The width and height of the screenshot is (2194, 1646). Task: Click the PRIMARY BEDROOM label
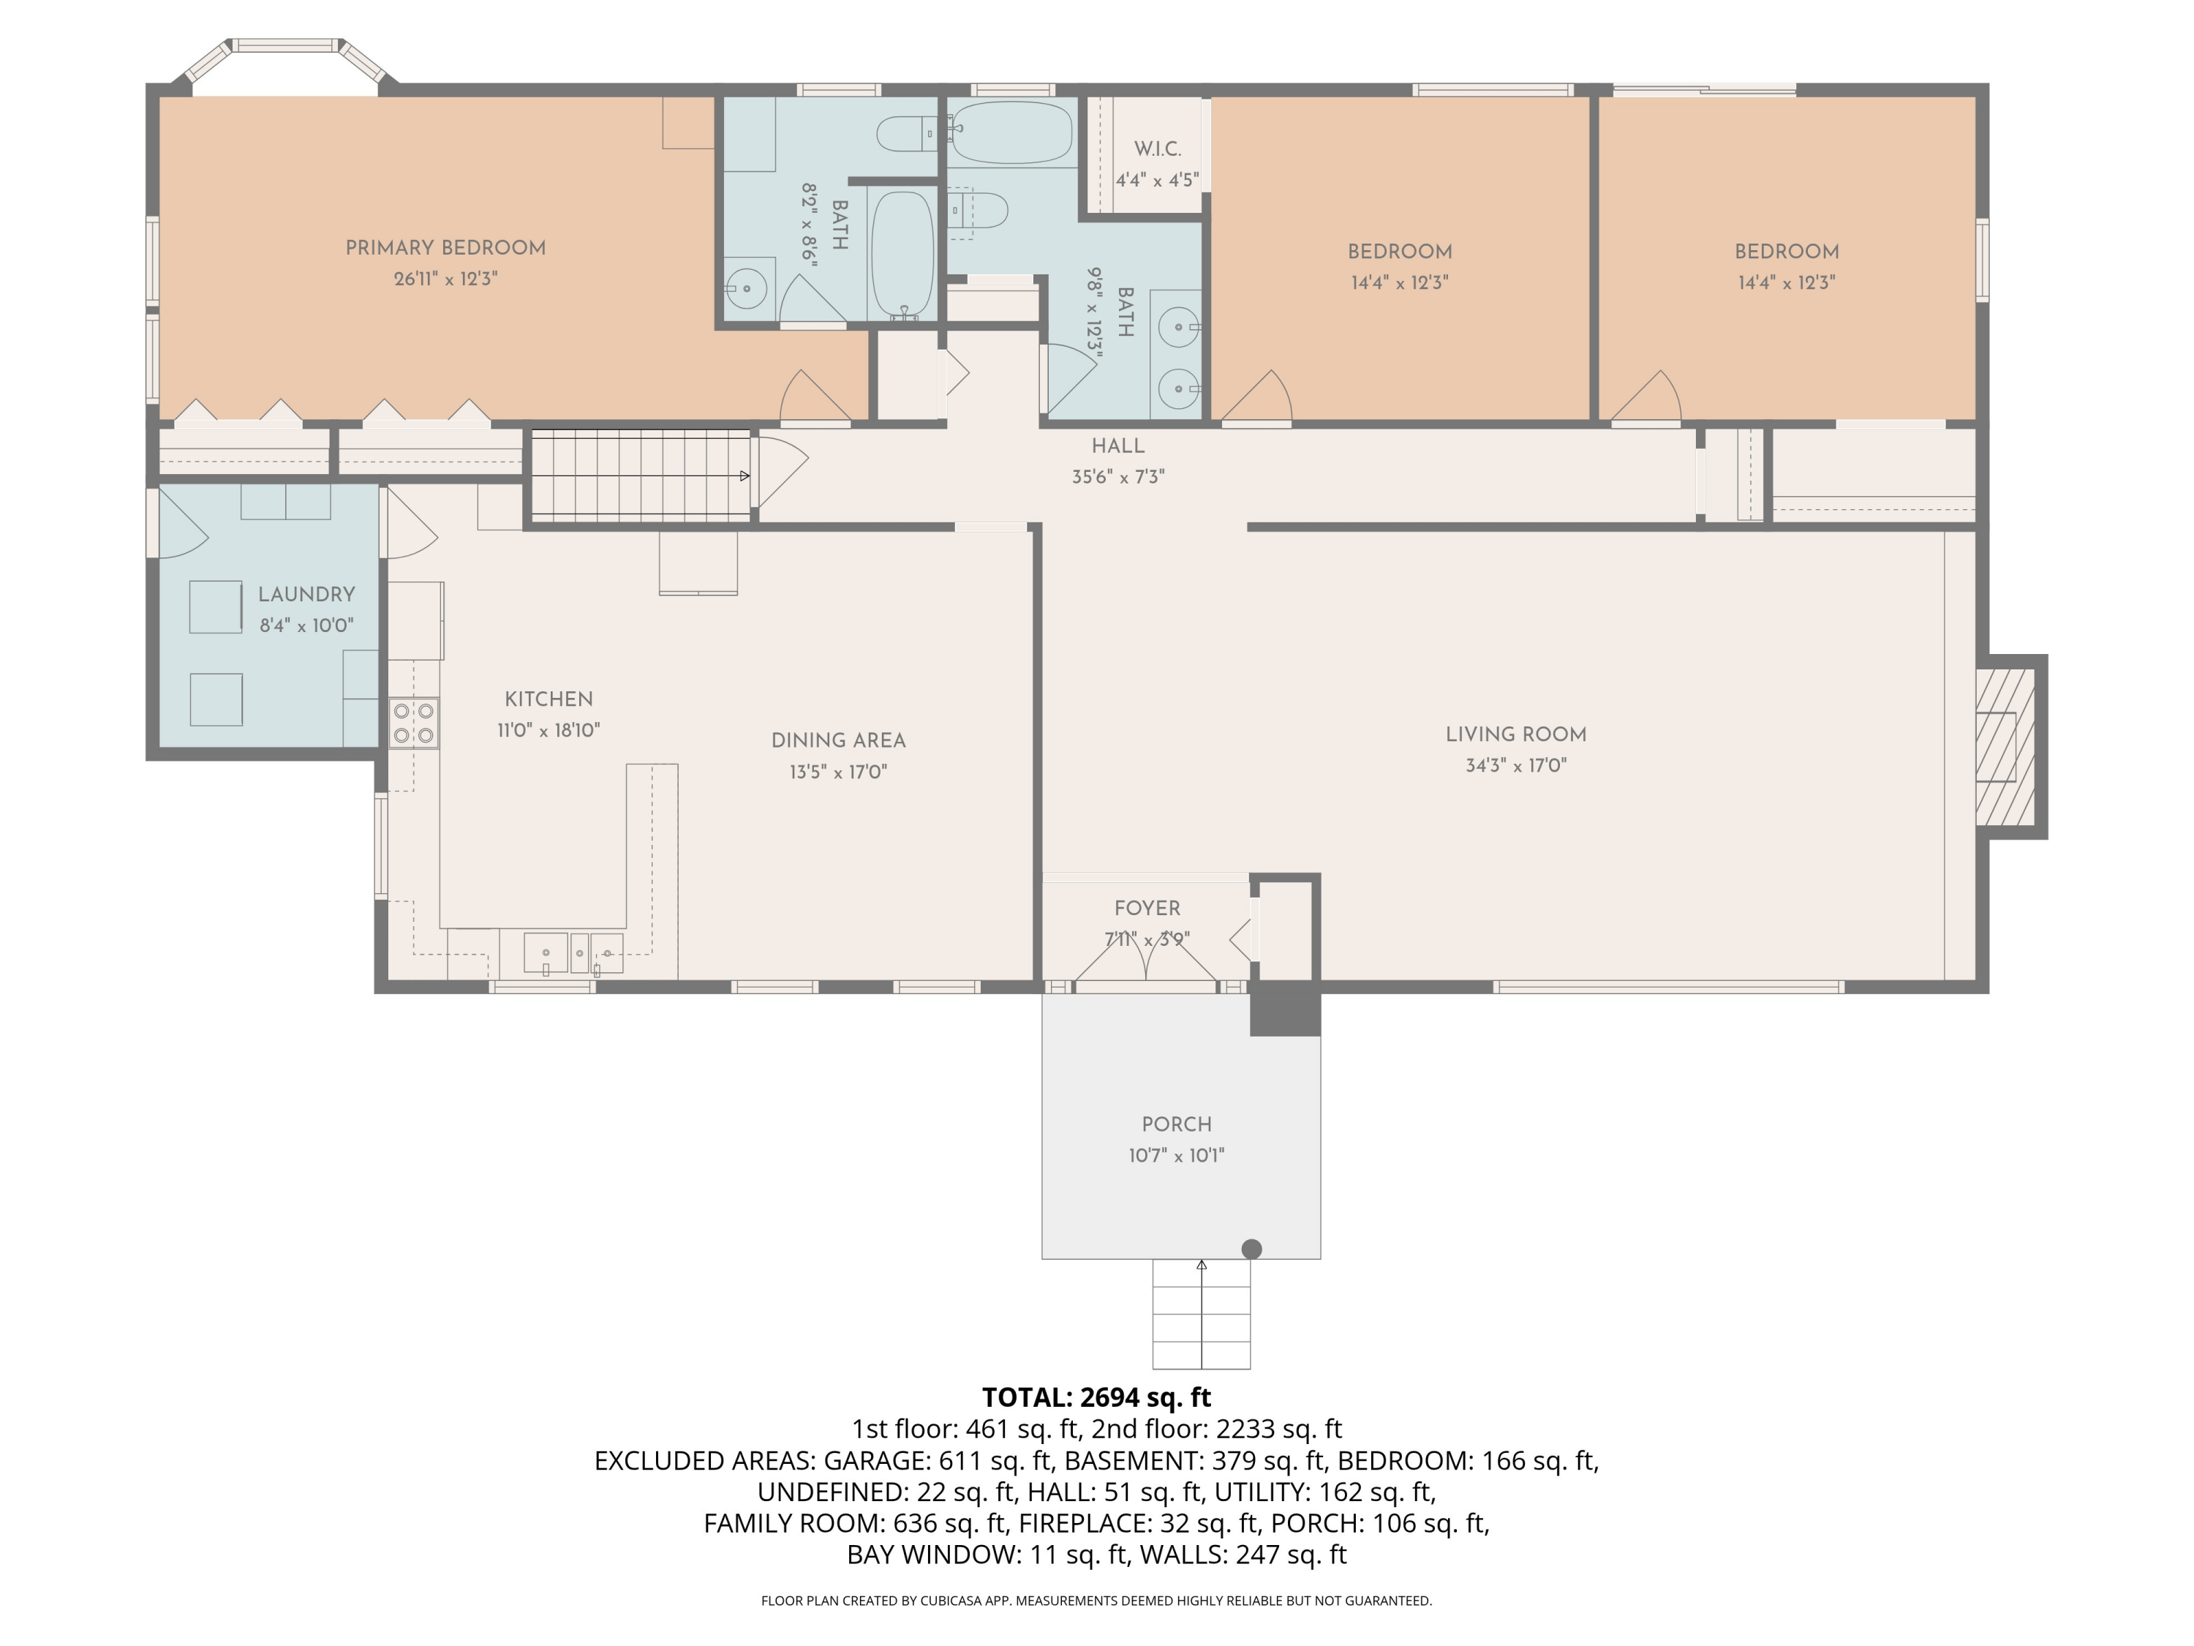(x=445, y=248)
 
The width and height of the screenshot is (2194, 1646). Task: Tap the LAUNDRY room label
(x=306, y=594)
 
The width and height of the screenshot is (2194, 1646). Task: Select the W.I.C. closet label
(x=1158, y=149)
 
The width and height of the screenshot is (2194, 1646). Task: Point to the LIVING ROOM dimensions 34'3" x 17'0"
(x=1515, y=765)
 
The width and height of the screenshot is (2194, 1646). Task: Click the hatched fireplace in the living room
(x=2005, y=747)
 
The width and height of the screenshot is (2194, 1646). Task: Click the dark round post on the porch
(x=1252, y=1249)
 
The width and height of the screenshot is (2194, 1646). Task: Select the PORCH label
(x=1176, y=1124)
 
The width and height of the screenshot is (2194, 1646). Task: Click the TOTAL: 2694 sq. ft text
(x=1096, y=1397)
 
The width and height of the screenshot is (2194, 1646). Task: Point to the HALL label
(x=1117, y=446)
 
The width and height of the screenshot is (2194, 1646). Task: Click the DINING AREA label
(x=838, y=740)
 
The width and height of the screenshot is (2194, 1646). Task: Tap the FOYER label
(x=1147, y=908)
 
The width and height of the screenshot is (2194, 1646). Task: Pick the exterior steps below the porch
(x=1201, y=1315)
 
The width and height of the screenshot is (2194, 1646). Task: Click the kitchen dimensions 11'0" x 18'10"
(x=548, y=730)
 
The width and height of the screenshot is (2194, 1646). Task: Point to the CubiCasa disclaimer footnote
(x=1096, y=1601)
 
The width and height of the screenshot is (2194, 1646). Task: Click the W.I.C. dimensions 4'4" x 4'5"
(x=1158, y=181)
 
